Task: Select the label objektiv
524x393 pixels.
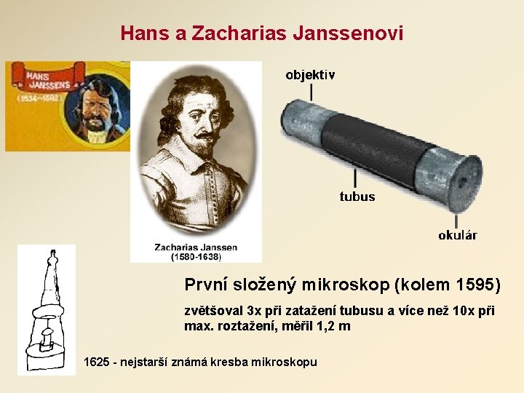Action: point(311,75)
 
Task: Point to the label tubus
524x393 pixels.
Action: point(357,196)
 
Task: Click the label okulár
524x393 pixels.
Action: point(458,235)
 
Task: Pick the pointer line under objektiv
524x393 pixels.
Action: point(311,92)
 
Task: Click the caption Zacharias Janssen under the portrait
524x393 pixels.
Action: point(196,247)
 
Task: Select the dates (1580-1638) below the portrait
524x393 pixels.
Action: point(196,257)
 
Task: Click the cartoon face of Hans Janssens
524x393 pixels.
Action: point(98,109)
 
